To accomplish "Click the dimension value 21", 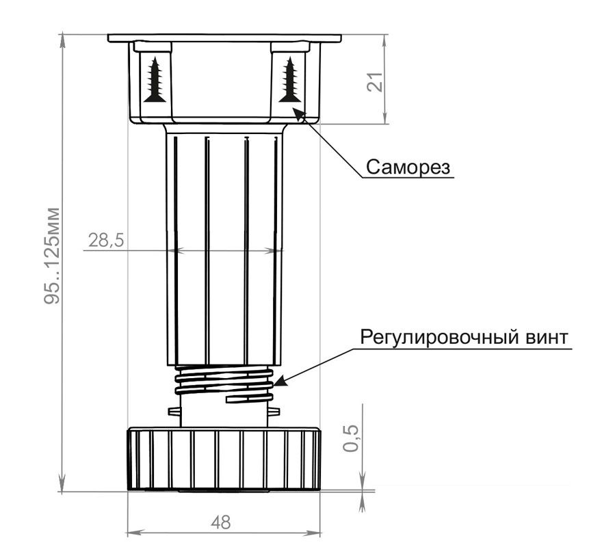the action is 376,81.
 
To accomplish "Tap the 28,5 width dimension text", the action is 106,240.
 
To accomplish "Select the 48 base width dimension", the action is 220,522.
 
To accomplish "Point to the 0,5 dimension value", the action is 351,439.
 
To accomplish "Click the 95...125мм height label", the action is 52,256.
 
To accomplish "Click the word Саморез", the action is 408,167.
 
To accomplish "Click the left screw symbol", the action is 155,79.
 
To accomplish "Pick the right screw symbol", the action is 289,79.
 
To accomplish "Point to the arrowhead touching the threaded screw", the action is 280,381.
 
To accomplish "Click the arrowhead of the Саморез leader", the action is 299,114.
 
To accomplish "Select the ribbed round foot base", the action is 224,458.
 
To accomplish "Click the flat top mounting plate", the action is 224,38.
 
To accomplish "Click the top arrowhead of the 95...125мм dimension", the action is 62,40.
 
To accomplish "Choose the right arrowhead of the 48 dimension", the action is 313,533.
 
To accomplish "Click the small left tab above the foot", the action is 174,412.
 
